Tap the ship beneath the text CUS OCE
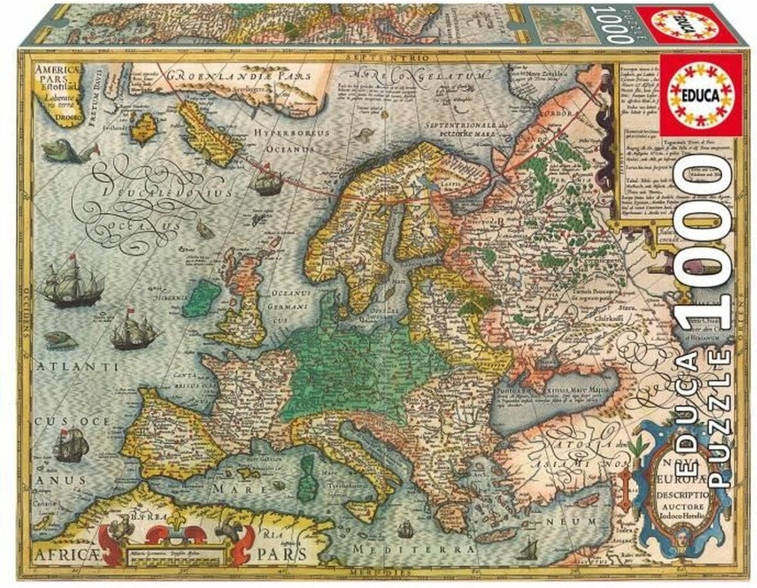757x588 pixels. pyautogui.click(x=69, y=445)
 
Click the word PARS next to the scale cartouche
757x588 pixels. pyautogui.click(x=286, y=554)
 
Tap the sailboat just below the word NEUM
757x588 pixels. pyautogui.click(x=527, y=550)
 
